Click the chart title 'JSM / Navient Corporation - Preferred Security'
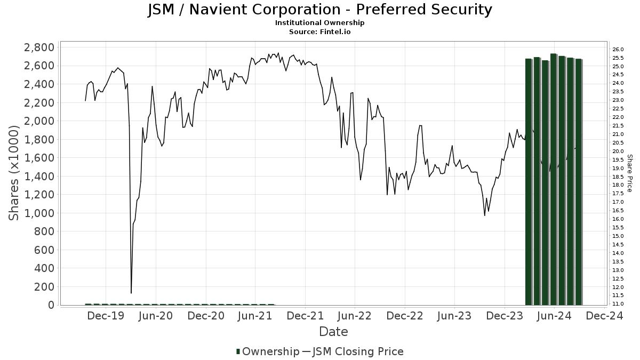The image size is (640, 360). point(319,10)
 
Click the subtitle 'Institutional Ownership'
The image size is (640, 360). point(319,23)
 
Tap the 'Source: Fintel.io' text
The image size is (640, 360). point(319,32)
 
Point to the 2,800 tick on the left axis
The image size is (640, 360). point(39,47)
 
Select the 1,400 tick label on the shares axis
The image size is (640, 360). point(39,177)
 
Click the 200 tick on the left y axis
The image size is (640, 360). point(45,287)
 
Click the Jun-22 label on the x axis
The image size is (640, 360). point(355,316)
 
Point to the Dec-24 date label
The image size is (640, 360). point(604,316)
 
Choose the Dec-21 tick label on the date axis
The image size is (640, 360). point(305,316)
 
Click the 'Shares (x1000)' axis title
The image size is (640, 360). point(14,173)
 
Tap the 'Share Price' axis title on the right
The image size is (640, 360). point(629,173)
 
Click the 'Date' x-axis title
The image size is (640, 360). point(333,332)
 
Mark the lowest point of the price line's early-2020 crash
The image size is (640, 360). point(131,293)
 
